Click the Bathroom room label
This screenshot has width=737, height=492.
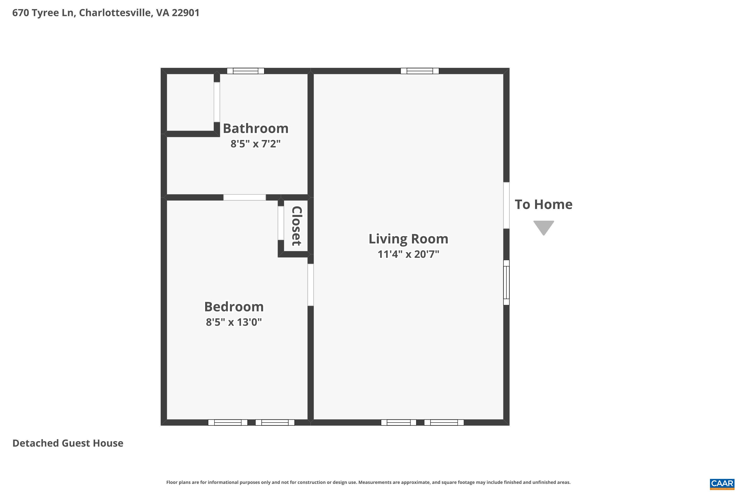pos(255,129)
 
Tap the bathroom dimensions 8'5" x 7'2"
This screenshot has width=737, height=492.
pos(255,144)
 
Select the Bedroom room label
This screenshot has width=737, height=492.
pos(234,307)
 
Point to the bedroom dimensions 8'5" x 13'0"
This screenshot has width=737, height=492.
pos(234,322)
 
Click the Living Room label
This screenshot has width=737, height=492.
pos(408,239)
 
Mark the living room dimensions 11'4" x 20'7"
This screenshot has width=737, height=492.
pos(408,254)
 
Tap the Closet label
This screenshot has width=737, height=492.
pos(297,226)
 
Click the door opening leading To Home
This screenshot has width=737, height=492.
pos(506,205)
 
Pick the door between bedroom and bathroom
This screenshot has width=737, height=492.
pos(244,197)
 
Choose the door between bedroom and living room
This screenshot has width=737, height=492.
pos(311,285)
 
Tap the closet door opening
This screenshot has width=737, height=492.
pos(281,223)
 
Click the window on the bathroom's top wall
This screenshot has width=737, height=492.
pos(246,71)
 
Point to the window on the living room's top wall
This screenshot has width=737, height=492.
pos(420,71)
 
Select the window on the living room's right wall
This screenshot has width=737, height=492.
pos(506,282)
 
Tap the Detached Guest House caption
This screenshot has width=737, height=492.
pos(68,443)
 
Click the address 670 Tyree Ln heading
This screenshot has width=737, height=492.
pos(106,13)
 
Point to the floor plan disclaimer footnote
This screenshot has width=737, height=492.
pos(368,482)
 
